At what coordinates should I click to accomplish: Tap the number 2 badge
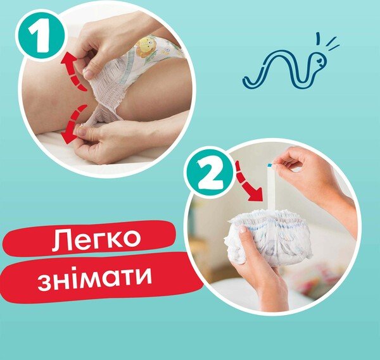(x=210, y=171)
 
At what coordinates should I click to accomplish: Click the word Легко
(x=96, y=238)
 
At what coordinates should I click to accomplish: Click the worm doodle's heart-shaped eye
(x=320, y=59)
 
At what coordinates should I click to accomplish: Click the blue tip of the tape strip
(x=269, y=165)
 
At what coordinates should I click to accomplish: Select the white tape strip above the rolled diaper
(x=271, y=188)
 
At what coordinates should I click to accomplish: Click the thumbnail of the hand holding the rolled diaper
(x=243, y=229)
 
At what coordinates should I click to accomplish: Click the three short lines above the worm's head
(x=327, y=42)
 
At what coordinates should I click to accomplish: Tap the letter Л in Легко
(x=60, y=239)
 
